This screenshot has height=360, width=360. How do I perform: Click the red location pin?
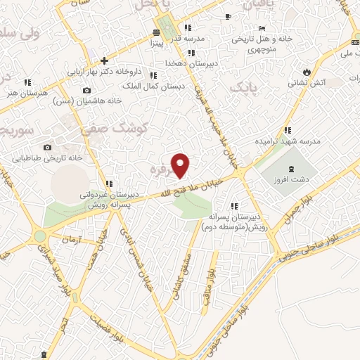pos(181,165)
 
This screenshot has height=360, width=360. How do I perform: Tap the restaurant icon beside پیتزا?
pos(157,32)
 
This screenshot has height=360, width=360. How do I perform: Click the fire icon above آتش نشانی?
pos(307,72)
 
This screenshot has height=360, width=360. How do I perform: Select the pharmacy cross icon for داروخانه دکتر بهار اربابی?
pos(104,60)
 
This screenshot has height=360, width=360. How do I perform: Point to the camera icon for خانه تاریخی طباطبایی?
pos(47,147)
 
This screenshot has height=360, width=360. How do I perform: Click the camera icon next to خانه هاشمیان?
pos(86,90)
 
